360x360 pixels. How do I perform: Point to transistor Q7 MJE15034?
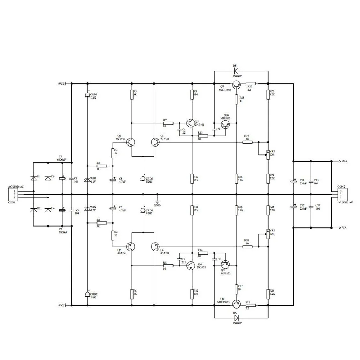pyautogui.click(x=236, y=86)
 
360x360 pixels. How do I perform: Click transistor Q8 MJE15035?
pyautogui.click(x=236, y=305)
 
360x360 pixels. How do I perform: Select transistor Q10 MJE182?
pyautogui.click(x=226, y=125)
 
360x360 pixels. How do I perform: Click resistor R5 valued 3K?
pyautogui.click(x=132, y=95)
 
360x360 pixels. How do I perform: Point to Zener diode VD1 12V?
pyautogui.click(x=87, y=180)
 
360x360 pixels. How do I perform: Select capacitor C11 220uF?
pyautogui.click(x=294, y=182)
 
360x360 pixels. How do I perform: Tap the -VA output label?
pyautogui.click(x=343, y=228)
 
